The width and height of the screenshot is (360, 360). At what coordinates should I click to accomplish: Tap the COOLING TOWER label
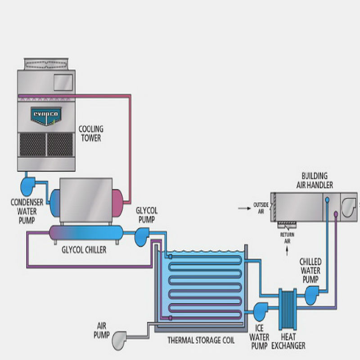(x=90, y=134)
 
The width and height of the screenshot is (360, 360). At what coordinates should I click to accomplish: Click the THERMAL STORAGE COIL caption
(x=201, y=340)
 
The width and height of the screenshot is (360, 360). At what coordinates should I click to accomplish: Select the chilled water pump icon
(x=312, y=295)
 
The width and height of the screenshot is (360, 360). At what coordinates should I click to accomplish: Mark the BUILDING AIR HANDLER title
(x=315, y=180)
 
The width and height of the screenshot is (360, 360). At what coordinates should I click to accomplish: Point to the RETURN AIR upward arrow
(x=286, y=250)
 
